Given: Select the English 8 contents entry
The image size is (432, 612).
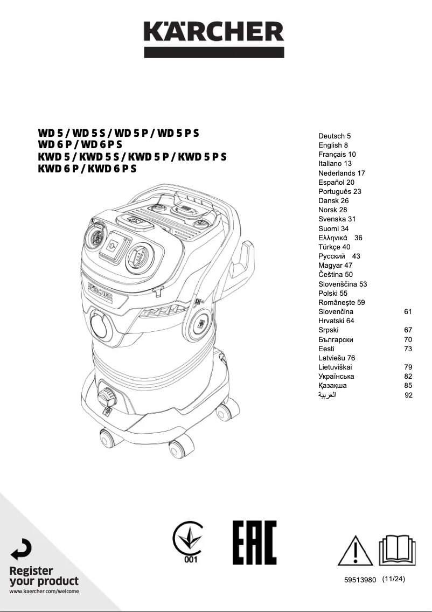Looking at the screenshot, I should [x=333, y=145].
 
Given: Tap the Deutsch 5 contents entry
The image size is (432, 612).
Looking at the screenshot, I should [x=335, y=136].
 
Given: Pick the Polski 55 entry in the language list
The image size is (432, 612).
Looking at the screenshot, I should [x=333, y=293].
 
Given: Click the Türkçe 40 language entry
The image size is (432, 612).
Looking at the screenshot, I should [x=334, y=247].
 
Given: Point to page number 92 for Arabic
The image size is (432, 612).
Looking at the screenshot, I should [x=408, y=395].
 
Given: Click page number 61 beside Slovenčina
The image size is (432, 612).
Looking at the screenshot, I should [x=408, y=311].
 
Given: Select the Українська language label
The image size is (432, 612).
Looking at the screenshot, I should [x=336, y=376].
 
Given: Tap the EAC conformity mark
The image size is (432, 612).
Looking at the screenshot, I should [x=254, y=542].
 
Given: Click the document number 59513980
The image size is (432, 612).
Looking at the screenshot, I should [x=359, y=581].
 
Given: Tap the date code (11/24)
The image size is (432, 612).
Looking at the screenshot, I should [x=393, y=580].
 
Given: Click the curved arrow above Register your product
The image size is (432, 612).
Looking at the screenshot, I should [x=21, y=549].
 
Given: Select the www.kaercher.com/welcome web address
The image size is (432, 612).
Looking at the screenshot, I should [x=44, y=592].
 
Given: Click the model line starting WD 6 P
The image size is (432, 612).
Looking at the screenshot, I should [x=80, y=144].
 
